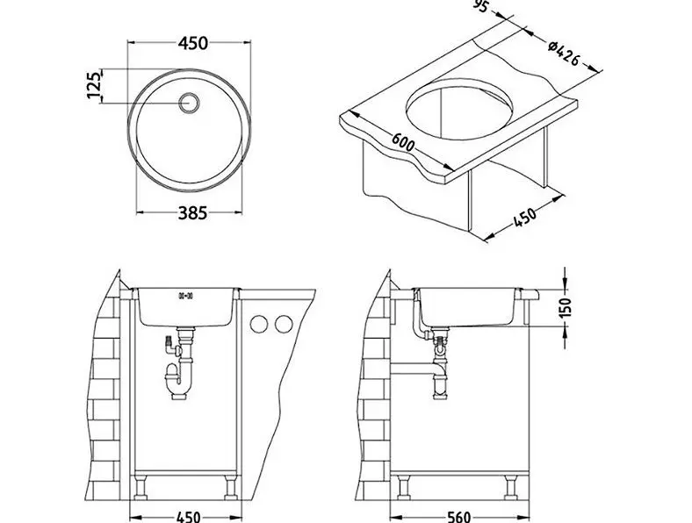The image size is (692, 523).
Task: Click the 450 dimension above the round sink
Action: pyautogui.click(x=192, y=43)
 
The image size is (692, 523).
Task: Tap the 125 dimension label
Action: pyautogui.click(x=94, y=85)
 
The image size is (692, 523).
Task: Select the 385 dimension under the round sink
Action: pyautogui.click(x=192, y=213)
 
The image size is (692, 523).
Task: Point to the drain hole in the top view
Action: pyautogui.click(x=189, y=103)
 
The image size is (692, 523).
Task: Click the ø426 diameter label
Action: pyautogui.click(x=563, y=54)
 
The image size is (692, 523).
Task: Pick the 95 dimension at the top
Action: pyautogui.click(x=484, y=6)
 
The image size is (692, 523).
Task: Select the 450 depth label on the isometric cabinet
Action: pyautogui.click(x=525, y=217)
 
